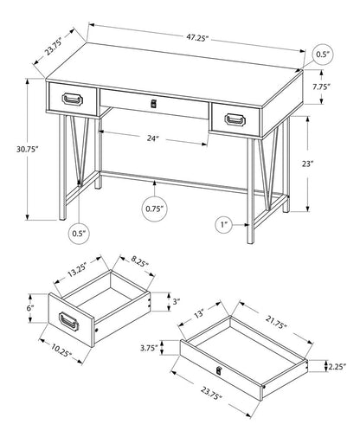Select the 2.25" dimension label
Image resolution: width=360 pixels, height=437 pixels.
point(337,366)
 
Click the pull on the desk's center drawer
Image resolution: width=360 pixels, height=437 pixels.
point(155,104)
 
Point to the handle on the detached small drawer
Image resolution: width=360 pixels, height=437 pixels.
point(70,324)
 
